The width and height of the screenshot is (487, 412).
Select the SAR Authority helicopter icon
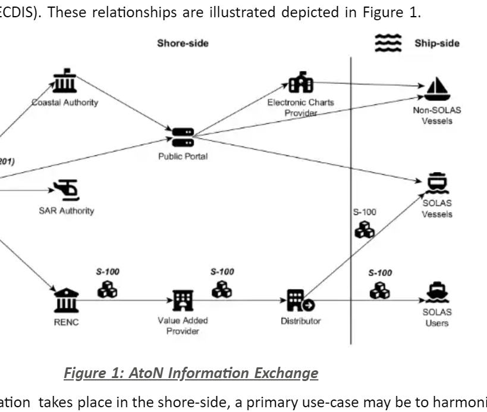pyautogui.click(x=65, y=190)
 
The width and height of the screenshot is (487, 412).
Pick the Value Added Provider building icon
pyautogui.click(x=180, y=299)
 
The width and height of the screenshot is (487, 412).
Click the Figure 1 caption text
pyautogui.click(x=190, y=373)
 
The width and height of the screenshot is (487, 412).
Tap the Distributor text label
pyautogui.click(x=301, y=321)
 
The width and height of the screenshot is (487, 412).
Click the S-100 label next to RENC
pyautogui.click(x=108, y=271)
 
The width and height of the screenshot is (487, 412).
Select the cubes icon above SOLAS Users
pyautogui.click(x=379, y=289)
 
